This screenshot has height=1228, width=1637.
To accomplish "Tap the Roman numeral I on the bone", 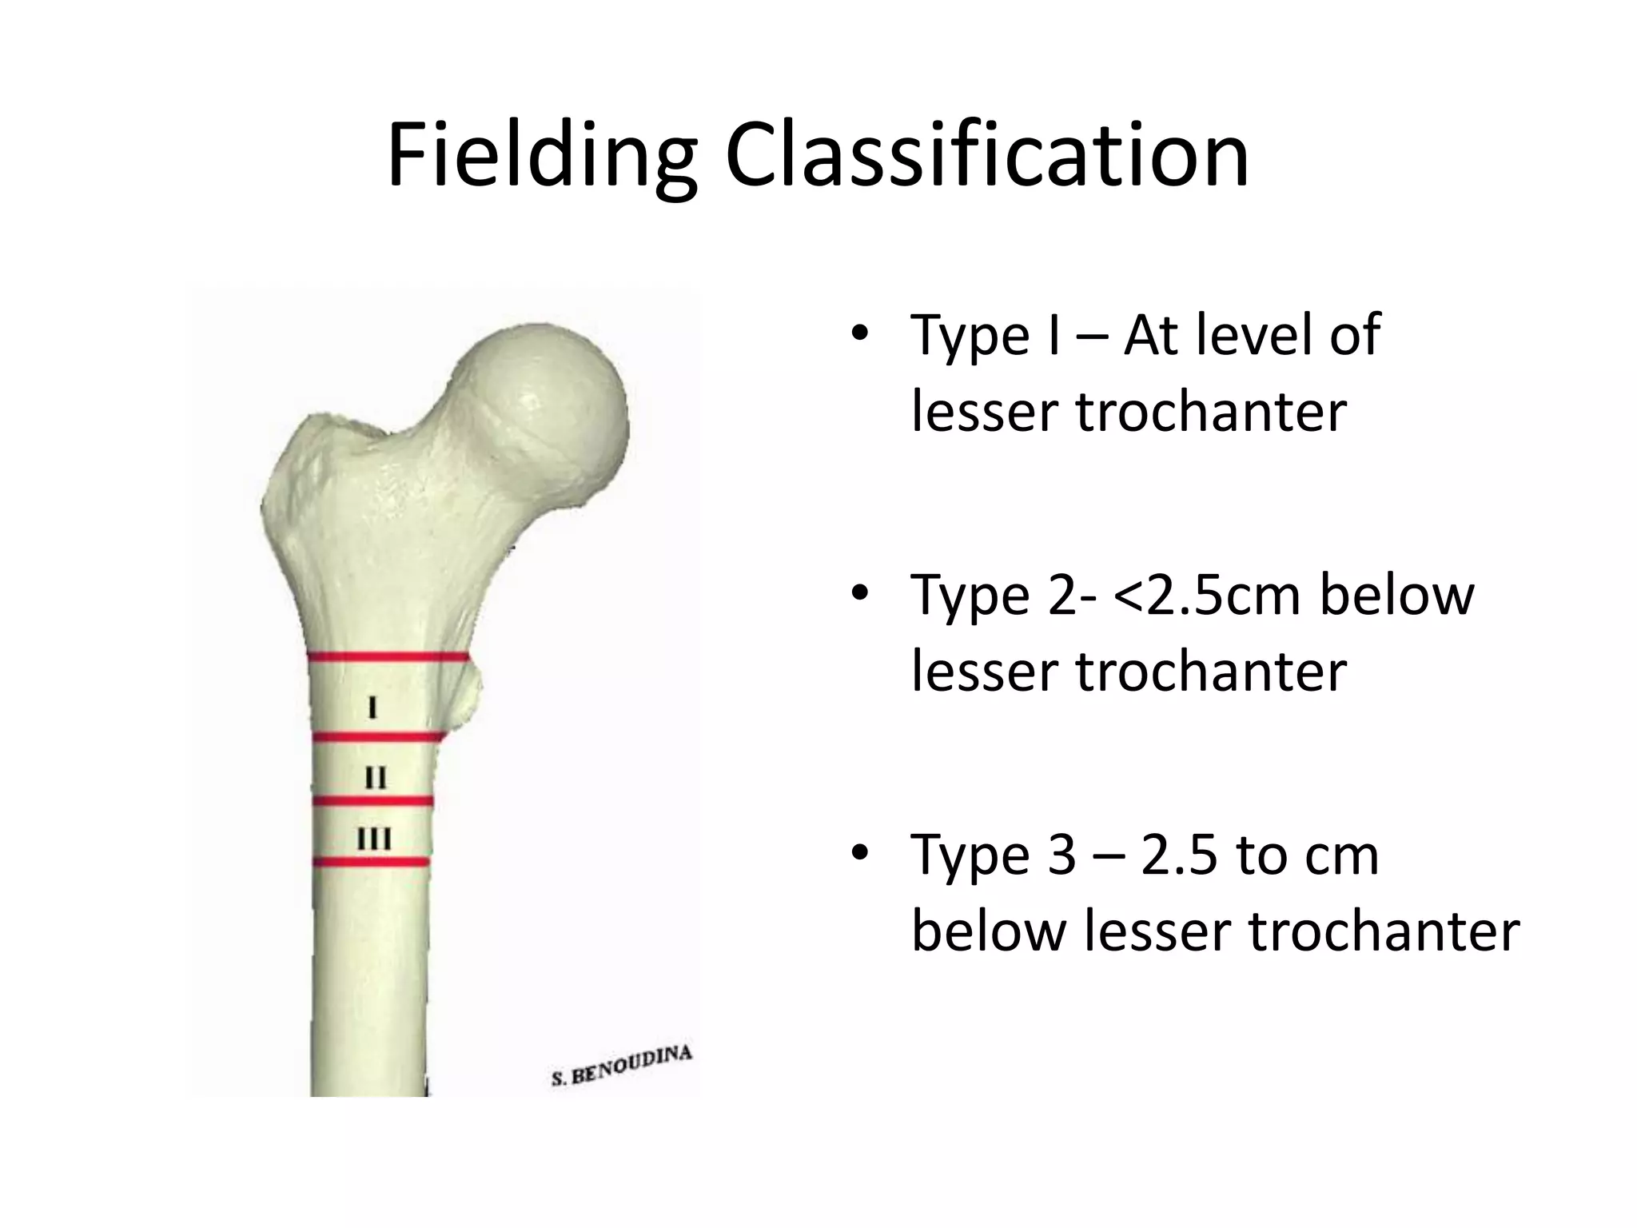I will [x=372, y=708].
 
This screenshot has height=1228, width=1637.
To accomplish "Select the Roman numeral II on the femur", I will [x=375, y=777].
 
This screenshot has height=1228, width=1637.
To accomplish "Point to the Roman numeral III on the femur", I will [x=374, y=839].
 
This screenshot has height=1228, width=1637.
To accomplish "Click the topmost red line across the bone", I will [x=388, y=657].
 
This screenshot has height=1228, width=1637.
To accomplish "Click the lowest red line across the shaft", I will [x=372, y=862].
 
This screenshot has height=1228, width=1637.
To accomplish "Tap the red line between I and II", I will [x=376, y=737].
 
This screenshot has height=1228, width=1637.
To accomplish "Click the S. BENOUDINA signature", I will [x=621, y=1067].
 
